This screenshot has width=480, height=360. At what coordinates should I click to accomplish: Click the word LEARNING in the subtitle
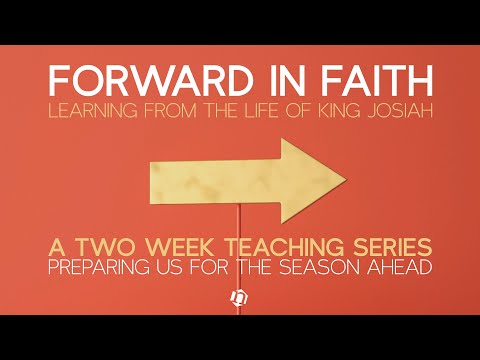98,109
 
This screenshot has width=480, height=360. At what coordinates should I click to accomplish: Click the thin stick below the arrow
238,235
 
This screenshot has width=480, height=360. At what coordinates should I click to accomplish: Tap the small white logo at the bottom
240,298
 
